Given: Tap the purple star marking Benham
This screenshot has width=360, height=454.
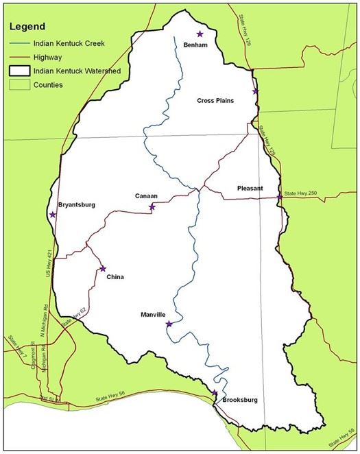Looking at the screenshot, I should (x=200, y=34).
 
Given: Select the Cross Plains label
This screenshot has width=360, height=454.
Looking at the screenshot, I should (x=215, y=101).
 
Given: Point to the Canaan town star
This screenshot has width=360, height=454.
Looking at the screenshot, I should (x=152, y=207).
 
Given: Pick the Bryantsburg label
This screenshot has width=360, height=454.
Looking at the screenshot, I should (x=77, y=204).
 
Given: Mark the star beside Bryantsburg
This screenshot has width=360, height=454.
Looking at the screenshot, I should (x=53, y=215).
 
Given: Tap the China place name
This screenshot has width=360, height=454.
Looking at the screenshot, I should (x=117, y=278).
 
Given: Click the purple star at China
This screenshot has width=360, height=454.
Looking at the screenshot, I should (x=103, y=269).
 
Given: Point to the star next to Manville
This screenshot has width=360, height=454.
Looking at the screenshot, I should (x=169, y=324).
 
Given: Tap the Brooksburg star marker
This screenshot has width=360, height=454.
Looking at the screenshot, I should (x=215, y=393).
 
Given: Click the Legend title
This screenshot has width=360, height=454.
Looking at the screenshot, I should (x=30, y=27).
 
